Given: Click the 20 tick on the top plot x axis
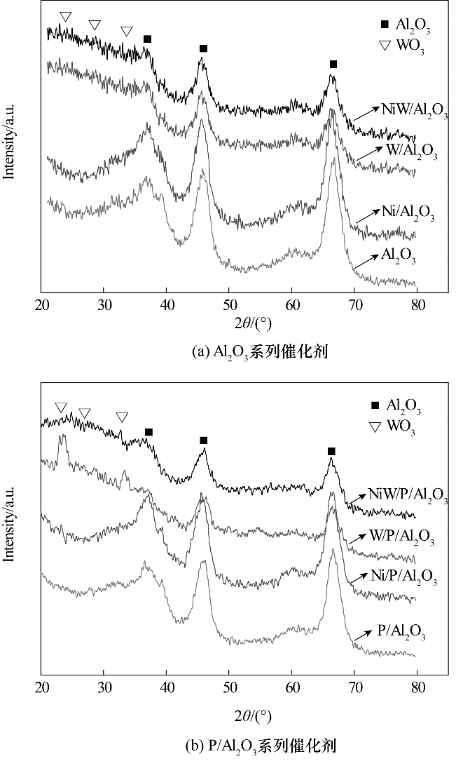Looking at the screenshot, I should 42,304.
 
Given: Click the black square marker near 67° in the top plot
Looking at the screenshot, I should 333,65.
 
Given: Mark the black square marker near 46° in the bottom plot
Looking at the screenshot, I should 204,440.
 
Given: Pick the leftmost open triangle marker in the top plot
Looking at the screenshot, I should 66,16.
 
